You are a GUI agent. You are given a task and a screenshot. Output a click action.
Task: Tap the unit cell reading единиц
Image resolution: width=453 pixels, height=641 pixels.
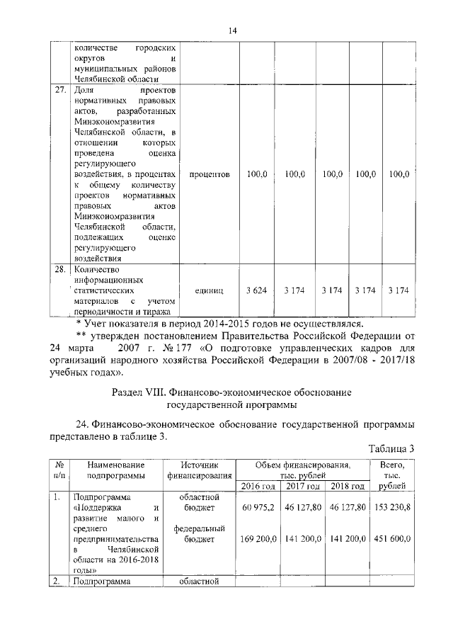pos(208,291)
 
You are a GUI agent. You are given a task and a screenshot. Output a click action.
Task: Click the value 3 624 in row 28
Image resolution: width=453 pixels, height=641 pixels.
pos(256,291)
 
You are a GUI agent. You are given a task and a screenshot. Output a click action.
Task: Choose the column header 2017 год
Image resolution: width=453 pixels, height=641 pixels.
pos(303,486)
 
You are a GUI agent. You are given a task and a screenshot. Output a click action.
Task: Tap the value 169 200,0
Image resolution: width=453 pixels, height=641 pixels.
pos(258,539)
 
